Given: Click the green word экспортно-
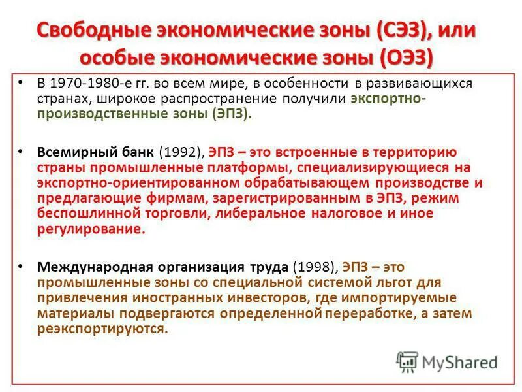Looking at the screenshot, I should [x=389, y=99].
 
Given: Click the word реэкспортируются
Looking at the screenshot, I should [x=102, y=329].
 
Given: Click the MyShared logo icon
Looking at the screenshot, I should [x=407, y=362].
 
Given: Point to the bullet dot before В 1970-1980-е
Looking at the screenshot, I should [x=21, y=83].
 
